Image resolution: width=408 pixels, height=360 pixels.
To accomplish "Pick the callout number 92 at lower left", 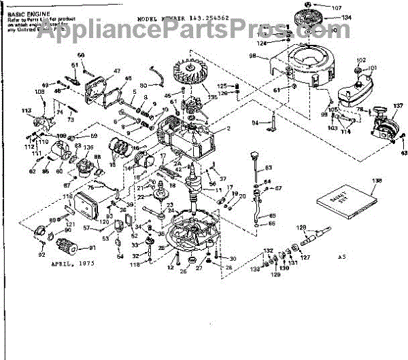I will point(41,255).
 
